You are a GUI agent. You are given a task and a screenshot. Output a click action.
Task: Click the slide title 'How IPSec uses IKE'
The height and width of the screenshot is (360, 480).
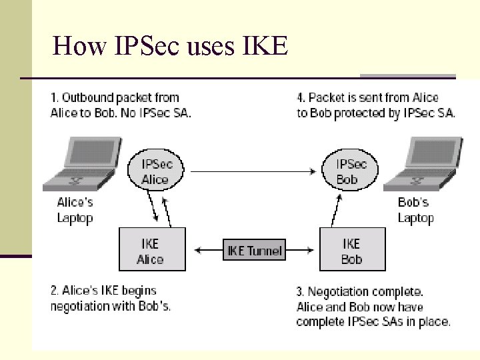click(170, 46)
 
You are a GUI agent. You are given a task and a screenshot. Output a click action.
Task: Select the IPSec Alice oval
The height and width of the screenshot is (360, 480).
click(155, 172)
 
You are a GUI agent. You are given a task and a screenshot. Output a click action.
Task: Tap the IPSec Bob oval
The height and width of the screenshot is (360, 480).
click(351, 172)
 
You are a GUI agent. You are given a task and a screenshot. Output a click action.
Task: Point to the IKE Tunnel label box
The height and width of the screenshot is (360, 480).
click(254, 251)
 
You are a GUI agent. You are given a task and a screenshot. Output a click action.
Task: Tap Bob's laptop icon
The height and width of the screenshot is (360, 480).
click(424, 164)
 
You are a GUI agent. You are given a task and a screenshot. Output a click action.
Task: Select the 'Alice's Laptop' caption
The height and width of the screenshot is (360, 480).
click(75, 210)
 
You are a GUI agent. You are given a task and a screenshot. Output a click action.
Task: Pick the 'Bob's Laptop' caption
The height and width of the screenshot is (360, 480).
click(415, 210)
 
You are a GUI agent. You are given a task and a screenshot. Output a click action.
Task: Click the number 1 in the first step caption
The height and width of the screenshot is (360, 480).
click(53, 98)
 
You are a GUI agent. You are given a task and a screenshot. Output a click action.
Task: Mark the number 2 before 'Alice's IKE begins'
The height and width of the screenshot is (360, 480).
click(54, 291)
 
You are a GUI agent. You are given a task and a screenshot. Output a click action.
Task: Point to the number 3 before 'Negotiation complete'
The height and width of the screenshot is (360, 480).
click(300, 292)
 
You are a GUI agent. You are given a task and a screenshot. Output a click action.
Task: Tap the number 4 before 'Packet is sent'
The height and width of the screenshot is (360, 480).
click(301, 98)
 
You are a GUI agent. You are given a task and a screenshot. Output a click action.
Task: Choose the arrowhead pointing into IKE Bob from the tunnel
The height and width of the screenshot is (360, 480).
click(311, 251)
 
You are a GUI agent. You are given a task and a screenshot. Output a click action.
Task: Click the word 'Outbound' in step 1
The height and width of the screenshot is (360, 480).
click(87, 98)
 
